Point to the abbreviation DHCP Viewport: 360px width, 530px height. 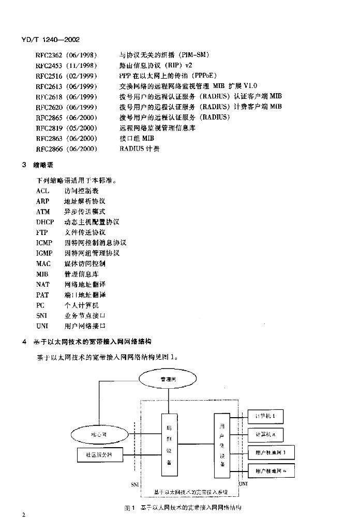coord(45,222)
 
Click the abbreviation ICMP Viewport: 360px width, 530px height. coord(44,243)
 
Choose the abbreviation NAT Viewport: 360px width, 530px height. coord(43,284)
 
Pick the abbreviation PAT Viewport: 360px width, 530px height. coord(42,295)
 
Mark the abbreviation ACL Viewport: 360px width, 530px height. coord(43,191)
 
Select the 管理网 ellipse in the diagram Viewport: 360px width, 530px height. coord(168,379)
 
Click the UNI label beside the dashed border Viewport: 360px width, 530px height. coord(243,483)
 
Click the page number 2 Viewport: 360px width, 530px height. coord(23,516)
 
